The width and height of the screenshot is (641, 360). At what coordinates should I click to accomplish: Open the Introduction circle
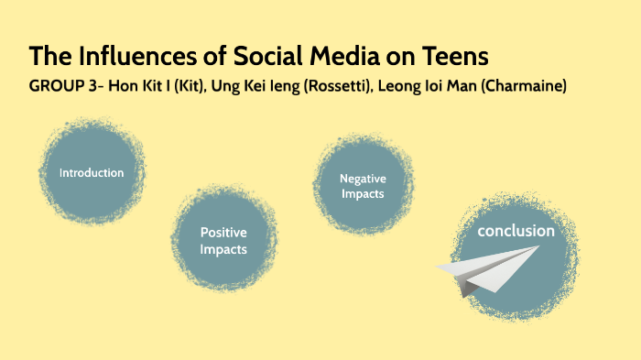(92, 173)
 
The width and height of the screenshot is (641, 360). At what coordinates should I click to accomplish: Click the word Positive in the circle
(223, 233)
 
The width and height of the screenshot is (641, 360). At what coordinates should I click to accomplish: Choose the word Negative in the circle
(363, 178)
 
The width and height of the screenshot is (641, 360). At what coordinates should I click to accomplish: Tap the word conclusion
(516, 231)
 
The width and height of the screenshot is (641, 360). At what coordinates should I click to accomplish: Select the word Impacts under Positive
(223, 249)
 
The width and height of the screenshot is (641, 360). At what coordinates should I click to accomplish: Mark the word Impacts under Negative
(363, 193)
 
